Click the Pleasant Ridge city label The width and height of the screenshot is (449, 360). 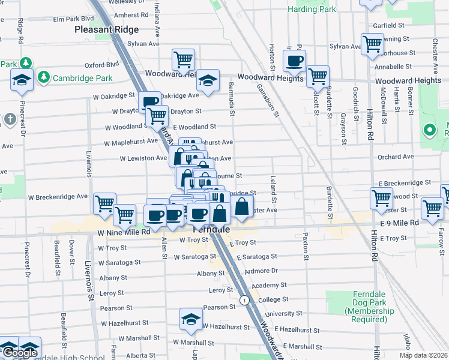pos(107,29)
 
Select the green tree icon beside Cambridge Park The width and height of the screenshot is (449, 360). pos(43,77)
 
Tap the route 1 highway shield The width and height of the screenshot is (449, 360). pos(244,299)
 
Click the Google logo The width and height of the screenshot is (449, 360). pos(20,353)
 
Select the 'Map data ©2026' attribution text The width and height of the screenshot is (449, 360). pos(424,355)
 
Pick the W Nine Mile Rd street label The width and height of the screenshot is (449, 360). pos(120,232)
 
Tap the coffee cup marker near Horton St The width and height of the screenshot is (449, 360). pos(295,61)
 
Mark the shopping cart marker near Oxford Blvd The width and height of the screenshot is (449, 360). pos(183,59)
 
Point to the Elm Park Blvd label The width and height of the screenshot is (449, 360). pos(74,19)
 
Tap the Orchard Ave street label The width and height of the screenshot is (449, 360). pos(396,157)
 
